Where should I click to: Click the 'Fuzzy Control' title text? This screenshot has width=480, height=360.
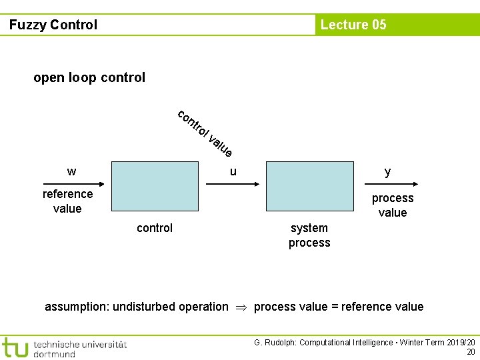tap(53, 25)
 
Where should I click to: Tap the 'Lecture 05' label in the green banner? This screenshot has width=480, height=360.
tap(353, 25)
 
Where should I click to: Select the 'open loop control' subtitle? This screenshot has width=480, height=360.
tap(89, 77)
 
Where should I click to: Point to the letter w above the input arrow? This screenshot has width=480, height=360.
tap(71, 171)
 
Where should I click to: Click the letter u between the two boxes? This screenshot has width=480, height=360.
tap(233, 171)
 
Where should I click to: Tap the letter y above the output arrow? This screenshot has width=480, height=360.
tap(387, 171)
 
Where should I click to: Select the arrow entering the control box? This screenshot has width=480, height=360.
tap(73, 183)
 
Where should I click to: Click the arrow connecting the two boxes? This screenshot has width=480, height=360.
tap(233, 183)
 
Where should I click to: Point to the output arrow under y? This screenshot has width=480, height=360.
tap(387, 183)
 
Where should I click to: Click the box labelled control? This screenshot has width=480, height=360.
tap(155, 186)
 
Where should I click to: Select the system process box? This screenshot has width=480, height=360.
tap(310, 186)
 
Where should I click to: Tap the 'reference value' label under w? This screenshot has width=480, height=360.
tap(67, 201)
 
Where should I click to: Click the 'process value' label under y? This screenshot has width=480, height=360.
tap(393, 205)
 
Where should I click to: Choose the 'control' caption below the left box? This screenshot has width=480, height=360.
tap(155, 228)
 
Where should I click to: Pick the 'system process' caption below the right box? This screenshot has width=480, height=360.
tap(309, 235)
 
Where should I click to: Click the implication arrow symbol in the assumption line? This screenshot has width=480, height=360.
tap(241, 307)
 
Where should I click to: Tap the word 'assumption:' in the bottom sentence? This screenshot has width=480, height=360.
tap(77, 307)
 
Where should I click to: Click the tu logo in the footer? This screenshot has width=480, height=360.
tap(15, 347)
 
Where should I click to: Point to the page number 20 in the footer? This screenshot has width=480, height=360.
tap(471, 352)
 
